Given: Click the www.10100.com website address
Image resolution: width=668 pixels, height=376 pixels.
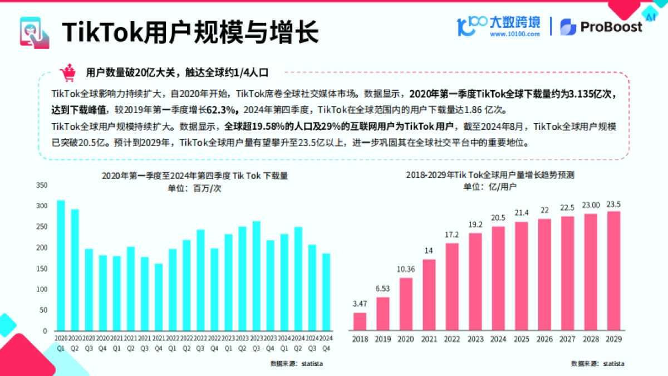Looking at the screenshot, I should tap(514, 34).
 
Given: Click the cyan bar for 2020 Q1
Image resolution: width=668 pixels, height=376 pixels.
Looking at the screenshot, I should tap(61, 265).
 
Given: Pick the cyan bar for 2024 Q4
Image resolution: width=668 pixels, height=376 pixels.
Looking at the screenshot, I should tap(326, 292).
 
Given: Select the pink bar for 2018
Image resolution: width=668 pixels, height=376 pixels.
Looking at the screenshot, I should tap(360, 321).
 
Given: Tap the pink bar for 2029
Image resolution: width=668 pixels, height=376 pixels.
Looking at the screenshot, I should tap(613, 271).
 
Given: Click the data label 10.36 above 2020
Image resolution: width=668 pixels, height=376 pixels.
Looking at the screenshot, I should tap(406, 269).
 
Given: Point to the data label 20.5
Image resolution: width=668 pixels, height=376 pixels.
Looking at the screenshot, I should tap(498, 218).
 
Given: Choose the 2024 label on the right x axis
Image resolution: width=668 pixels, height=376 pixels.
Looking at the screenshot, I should tap(498, 339).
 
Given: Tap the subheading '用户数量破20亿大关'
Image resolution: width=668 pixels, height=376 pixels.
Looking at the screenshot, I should tap(129, 72).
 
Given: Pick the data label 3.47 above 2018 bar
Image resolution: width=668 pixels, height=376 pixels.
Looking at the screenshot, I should tap(360, 304).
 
